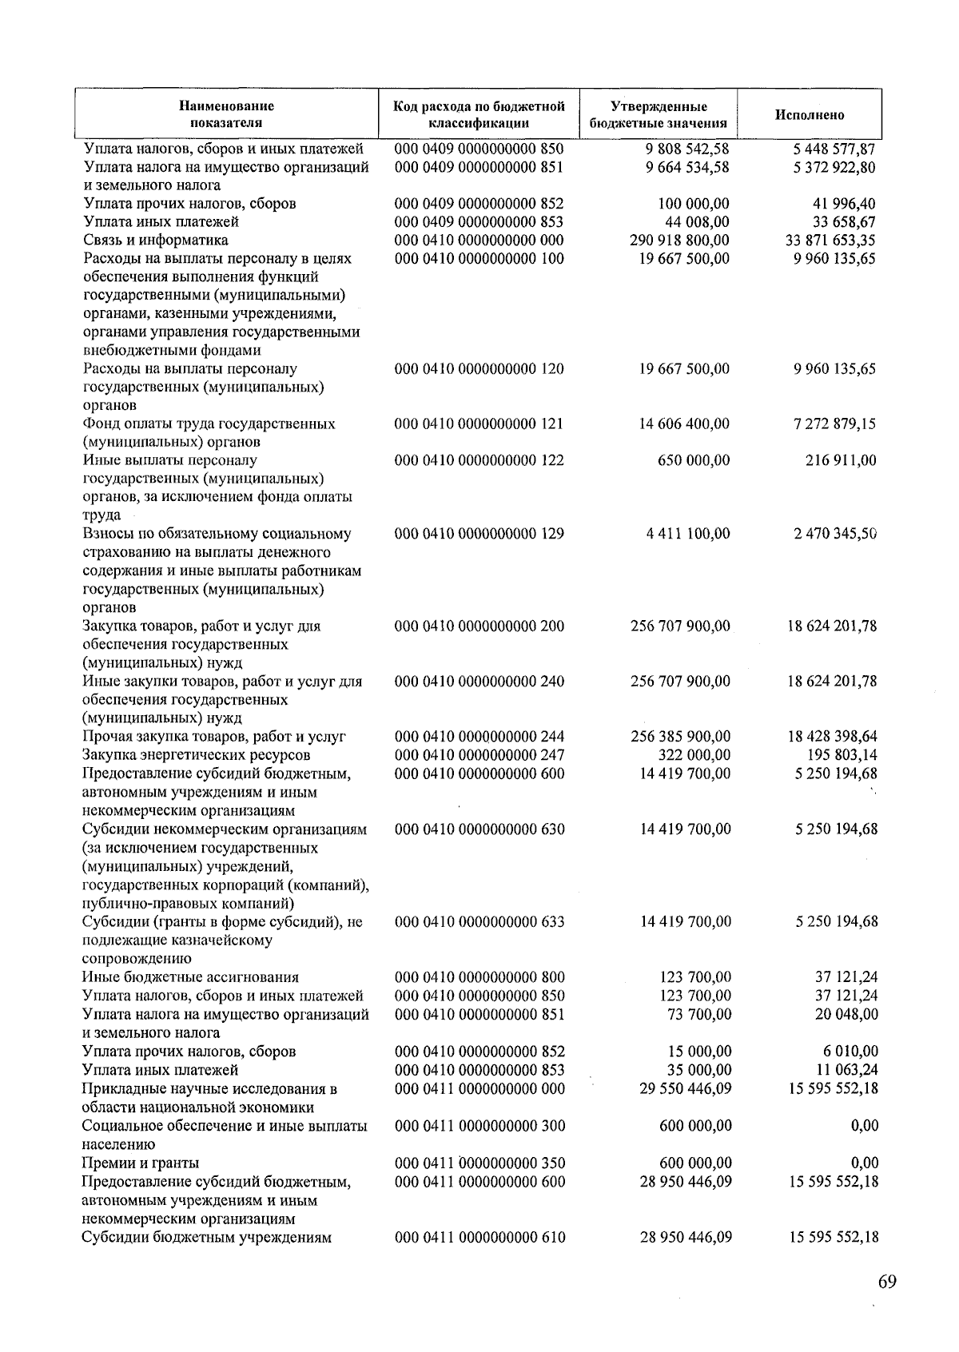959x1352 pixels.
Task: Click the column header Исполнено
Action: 809,115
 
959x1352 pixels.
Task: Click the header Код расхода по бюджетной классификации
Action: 479,114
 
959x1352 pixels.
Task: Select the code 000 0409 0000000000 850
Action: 479,149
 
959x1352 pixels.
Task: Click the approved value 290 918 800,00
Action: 679,240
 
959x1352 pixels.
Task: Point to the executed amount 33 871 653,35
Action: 831,240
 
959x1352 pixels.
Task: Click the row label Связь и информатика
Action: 156,240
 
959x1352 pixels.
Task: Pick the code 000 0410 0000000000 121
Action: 479,423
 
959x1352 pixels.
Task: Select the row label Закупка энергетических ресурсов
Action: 197,755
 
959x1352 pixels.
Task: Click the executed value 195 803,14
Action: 838,755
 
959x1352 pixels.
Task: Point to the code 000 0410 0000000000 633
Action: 479,921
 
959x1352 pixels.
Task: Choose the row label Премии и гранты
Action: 141,1163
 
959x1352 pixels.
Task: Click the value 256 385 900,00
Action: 680,737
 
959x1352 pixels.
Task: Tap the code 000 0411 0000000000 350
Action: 479,1163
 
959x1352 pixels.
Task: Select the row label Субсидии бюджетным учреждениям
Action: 207,1237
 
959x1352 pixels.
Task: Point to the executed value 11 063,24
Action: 846,1070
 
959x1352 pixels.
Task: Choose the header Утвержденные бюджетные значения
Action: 658,114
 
